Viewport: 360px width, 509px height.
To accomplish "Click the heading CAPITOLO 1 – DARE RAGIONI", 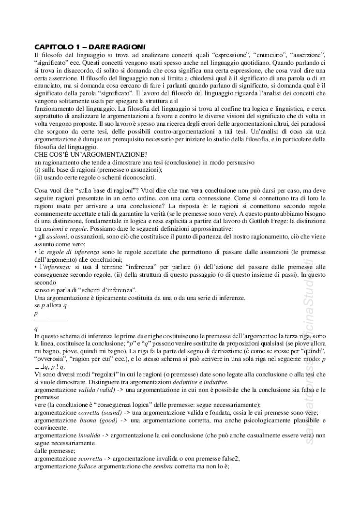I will [x=90, y=47].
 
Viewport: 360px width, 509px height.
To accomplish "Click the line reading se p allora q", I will [x=50, y=306].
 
